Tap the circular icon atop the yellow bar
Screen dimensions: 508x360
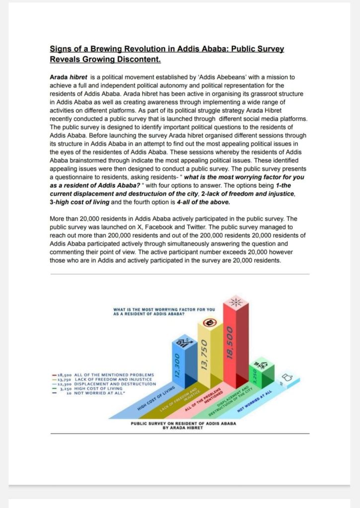click(x=211, y=324)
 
